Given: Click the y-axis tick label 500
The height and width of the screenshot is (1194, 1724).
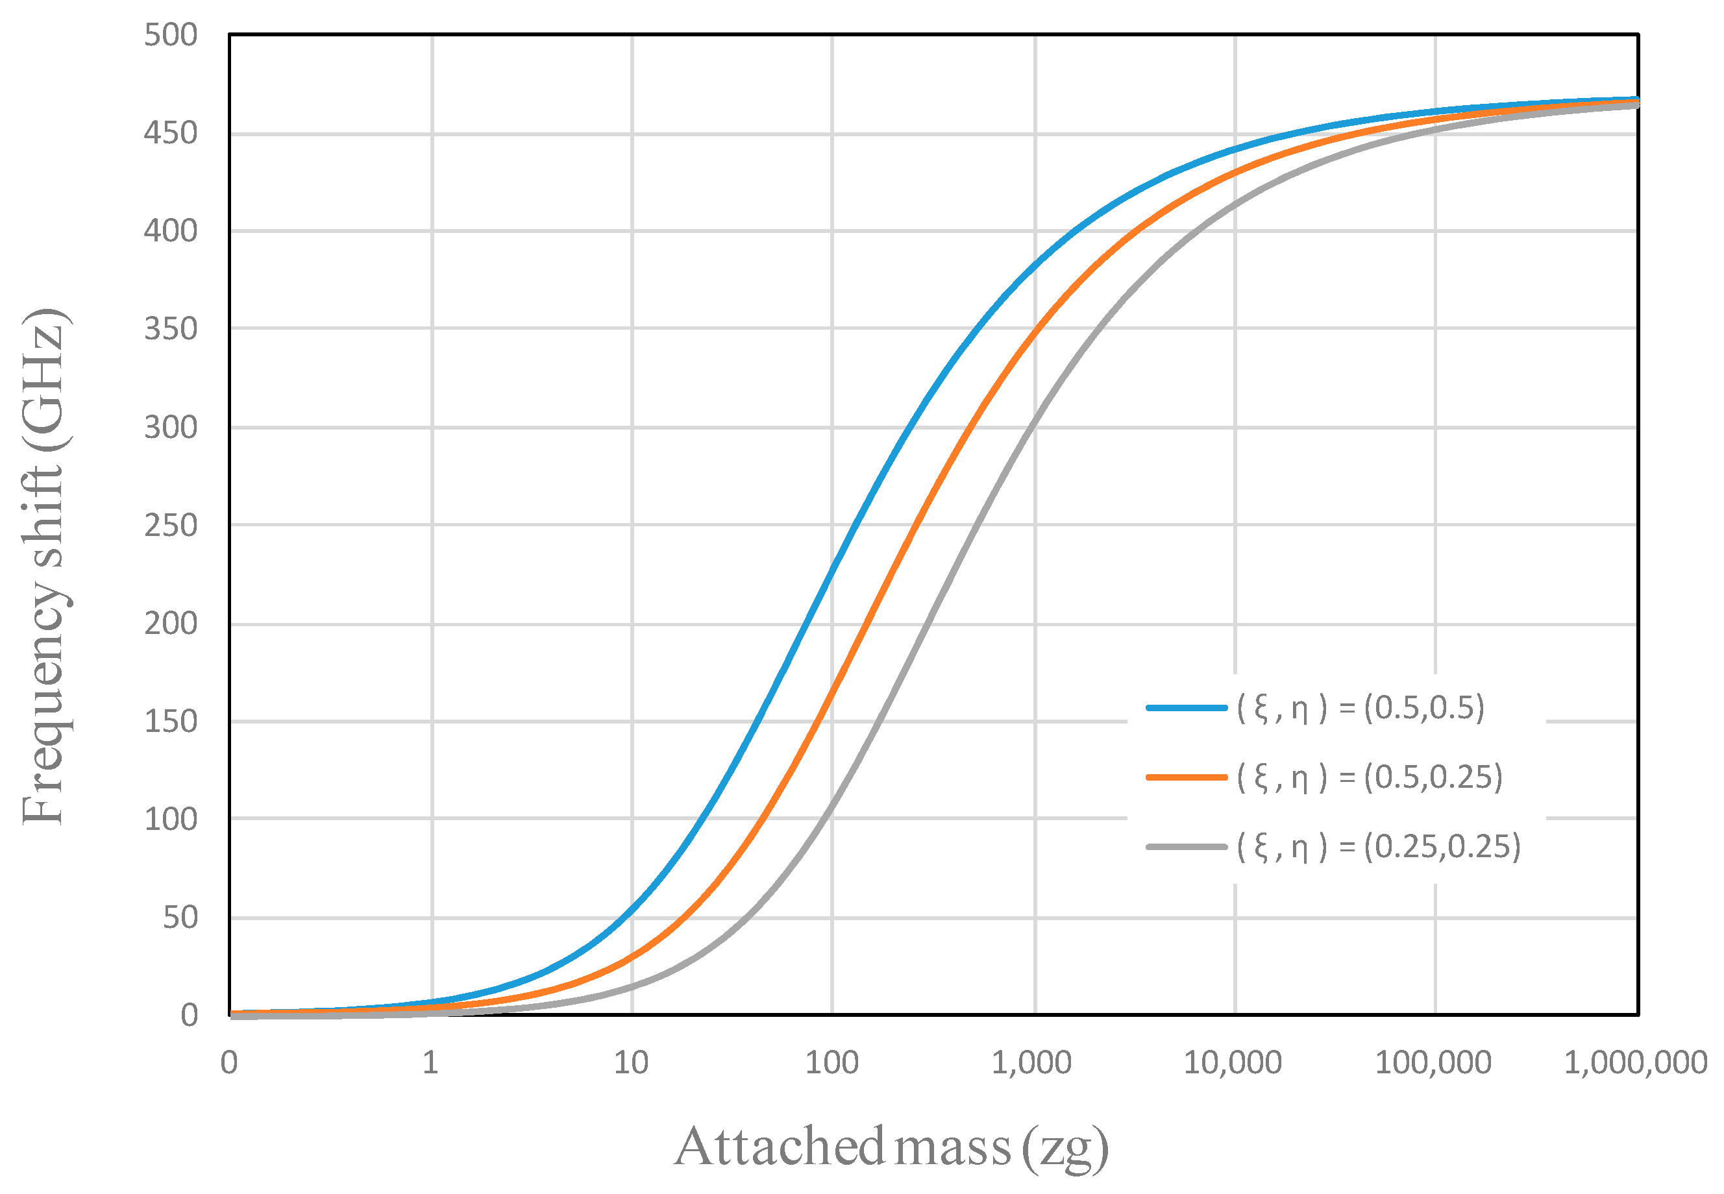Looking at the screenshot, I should coord(171,35).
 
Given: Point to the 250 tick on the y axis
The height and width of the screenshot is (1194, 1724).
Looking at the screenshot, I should coord(171,525).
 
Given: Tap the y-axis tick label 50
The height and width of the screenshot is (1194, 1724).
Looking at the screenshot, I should coord(180,917).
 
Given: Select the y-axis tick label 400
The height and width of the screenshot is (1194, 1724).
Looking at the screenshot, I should coord(171,231).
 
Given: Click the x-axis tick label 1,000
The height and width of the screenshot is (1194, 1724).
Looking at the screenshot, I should coord(1032,1063).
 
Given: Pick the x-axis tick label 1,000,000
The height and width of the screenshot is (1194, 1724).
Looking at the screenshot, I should coord(1635,1063).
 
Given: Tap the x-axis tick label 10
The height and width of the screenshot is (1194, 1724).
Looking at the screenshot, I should coord(631,1063).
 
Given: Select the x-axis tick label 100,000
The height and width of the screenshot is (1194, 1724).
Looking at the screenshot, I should coord(1433,1063).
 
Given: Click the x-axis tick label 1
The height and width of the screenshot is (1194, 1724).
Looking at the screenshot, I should coord(430,1063).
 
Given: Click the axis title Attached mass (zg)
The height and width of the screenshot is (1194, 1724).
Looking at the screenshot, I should coord(891,1147).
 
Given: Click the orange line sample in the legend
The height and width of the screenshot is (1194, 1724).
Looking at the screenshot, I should coord(1186,777).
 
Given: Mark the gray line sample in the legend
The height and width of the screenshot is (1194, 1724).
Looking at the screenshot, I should coord(1186,847).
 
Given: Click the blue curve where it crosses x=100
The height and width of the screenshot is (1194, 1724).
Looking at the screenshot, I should coord(832,567).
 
